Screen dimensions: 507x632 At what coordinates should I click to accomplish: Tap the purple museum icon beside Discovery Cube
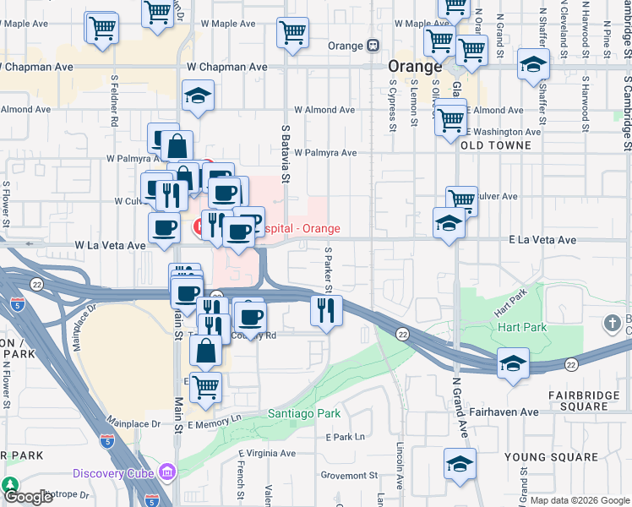(167, 471)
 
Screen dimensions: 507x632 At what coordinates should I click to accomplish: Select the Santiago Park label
(304, 413)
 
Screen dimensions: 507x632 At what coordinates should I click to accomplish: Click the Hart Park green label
(522, 327)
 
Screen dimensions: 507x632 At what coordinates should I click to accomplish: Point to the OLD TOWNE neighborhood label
(497, 145)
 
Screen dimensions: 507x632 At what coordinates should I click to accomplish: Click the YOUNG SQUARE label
(551, 457)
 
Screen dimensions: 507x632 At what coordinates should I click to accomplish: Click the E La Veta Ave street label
(542, 241)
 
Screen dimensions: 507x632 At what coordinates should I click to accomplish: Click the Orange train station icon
(373, 46)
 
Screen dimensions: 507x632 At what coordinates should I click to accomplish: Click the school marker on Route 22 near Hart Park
(513, 363)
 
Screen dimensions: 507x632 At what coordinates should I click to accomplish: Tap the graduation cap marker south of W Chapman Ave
(198, 95)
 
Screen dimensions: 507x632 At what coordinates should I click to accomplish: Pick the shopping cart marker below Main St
(205, 387)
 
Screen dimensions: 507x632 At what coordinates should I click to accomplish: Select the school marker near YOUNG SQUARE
(460, 464)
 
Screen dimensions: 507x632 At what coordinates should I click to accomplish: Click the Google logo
(28, 496)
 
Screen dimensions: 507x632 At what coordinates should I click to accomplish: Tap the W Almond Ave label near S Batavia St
(324, 110)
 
